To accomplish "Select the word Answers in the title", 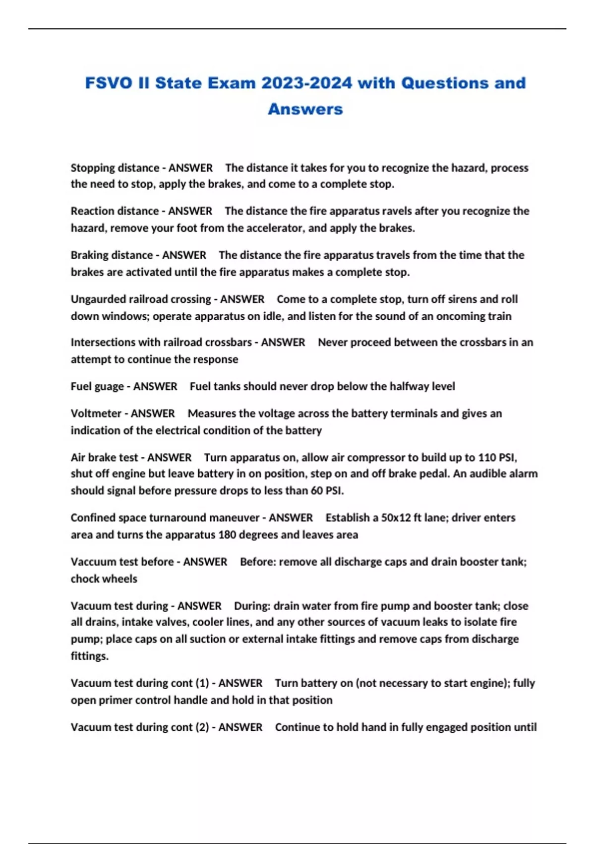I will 305,109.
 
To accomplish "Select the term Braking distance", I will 112,255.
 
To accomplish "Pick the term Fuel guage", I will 97,386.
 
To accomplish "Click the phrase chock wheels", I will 104,579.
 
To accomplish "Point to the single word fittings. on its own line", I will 89,656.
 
